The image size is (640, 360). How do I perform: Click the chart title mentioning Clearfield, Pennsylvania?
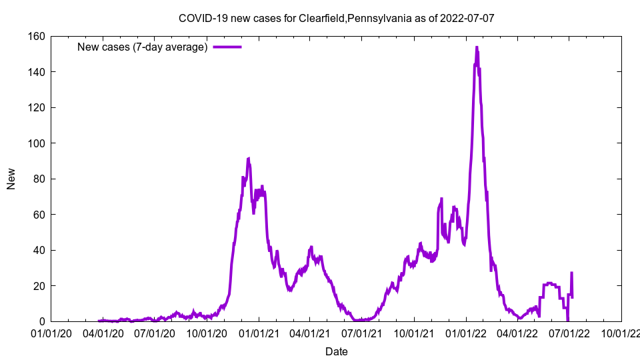(337, 18)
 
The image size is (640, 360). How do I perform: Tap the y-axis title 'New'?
(11, 179)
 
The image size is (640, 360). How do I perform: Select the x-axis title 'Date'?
(336, 351)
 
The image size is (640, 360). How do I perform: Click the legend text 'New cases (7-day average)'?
(143, 47)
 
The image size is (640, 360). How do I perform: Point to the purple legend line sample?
(227, 47)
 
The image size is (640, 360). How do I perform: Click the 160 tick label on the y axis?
(37, 36)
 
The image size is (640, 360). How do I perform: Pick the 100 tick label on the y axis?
(37, 143)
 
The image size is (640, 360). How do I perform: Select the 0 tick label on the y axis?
(42, 321)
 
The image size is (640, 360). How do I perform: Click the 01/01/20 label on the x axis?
(51, 332)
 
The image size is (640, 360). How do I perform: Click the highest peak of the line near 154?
(477, 47)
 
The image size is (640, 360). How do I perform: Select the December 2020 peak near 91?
(249, 159)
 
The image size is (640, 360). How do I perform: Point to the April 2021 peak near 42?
(311, 247)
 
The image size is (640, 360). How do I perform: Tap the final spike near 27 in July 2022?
(571, 273)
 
